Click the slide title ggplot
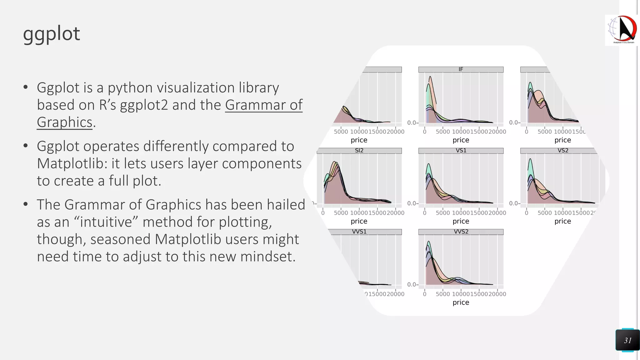(x=52, y=34)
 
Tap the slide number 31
(x=627, y=340)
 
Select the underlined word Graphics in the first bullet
(x=65, y=122)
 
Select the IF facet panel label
(x=461, y=69)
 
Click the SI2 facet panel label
(x=359, y=151)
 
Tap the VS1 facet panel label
(x=461, y=151)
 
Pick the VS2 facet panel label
(x=563, y=151)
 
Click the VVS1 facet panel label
(x=359, y=232)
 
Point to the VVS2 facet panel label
(x=461, y=232)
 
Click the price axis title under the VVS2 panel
(x=461, y=302)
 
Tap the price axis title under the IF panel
(x=461, y=140)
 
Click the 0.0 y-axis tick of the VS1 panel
(x=412, y=203)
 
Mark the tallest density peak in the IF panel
(x=430, y=77)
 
